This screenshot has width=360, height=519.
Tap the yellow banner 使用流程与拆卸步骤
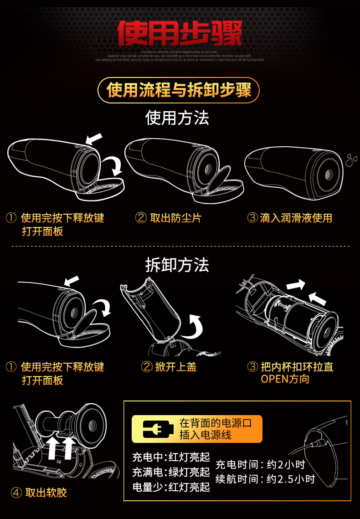click(x=179, y=90)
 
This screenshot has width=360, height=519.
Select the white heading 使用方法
click(x=177, y=118)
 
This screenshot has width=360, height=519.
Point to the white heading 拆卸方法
click(x=177, y=264)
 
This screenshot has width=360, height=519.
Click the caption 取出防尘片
click(x=175, y=218)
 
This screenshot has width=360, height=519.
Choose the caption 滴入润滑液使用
click(x=296, y=218)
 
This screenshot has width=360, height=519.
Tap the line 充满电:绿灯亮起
click(x=171, y=472)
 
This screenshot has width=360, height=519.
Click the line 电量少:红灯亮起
click(x=171, y=487)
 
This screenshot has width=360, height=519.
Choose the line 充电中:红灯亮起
click(x=171, y=457)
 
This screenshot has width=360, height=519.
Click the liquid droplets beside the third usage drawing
click(x=351, y=159)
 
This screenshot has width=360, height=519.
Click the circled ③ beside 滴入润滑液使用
click(x=252, y=218)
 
